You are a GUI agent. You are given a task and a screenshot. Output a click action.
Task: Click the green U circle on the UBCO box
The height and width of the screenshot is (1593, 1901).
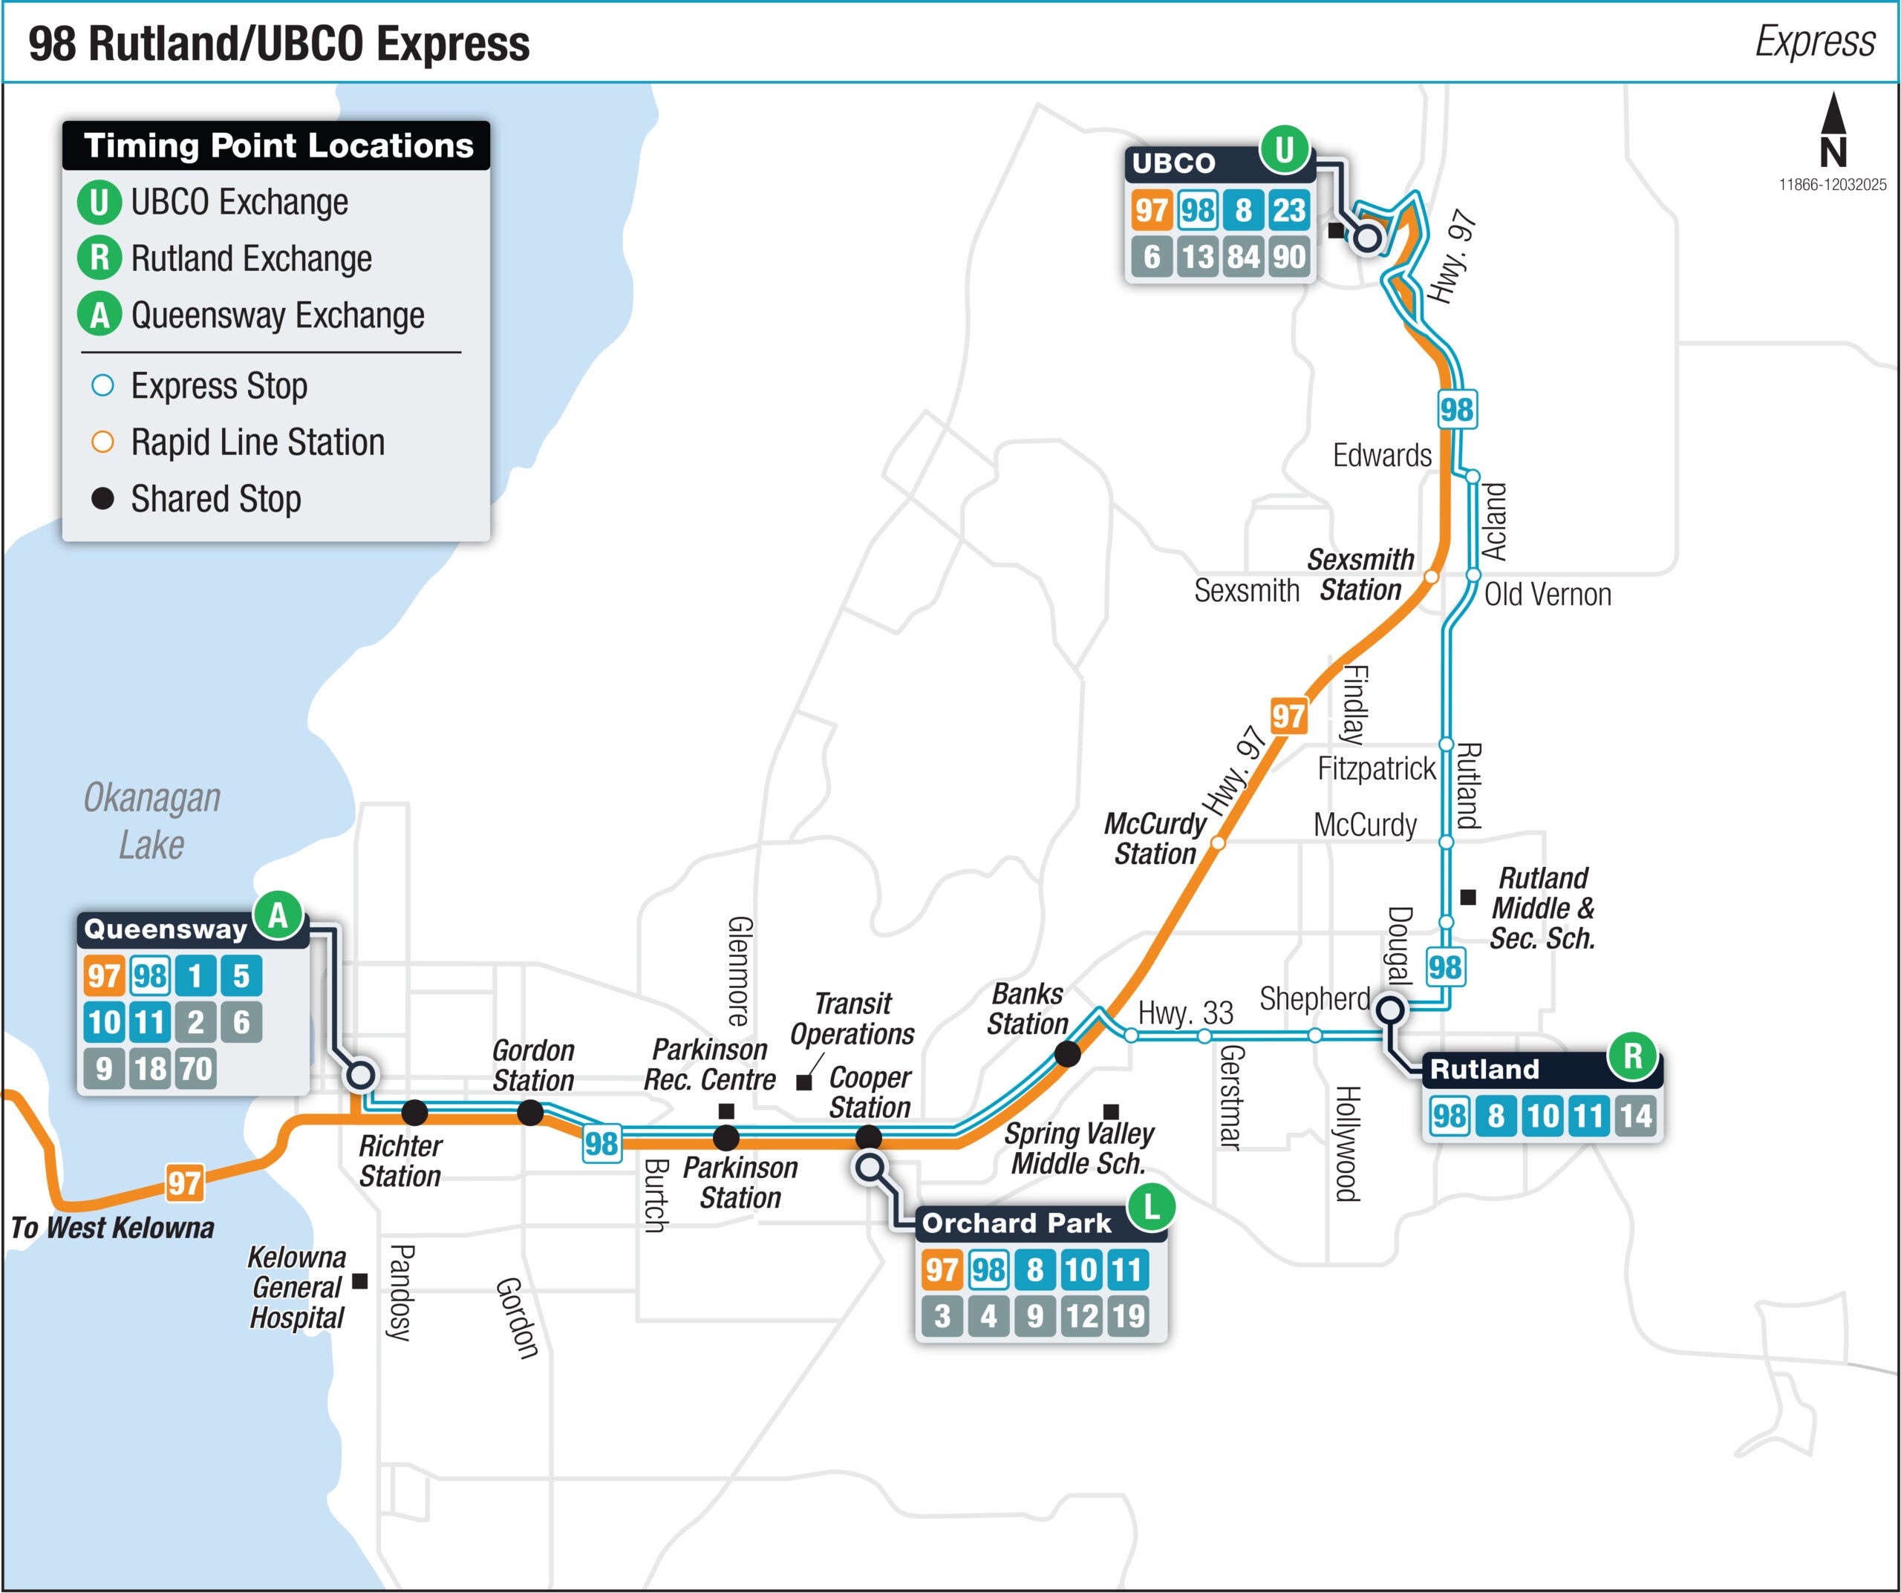click(x=1284, y=150)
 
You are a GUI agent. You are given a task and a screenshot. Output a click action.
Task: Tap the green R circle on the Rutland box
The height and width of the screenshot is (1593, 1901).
click(x=1632, y=1056)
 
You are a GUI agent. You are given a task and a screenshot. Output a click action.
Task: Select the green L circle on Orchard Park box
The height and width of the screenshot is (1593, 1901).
click(x=1150, y=1206)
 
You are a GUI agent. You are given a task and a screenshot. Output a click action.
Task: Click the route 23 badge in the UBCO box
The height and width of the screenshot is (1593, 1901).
click(x=1289, y=210)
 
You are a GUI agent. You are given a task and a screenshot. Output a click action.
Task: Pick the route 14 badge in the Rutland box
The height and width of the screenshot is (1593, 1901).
click(x=1636, y=1116)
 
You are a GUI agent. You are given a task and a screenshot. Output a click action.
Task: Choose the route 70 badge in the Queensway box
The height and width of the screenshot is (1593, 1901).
click(x=195, y=1069)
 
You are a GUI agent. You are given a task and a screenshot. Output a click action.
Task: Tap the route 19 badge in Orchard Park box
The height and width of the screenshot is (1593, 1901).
click(x=1128, y=1316)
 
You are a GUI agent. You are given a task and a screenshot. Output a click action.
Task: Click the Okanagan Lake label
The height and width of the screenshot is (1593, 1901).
click(x=152, y=821)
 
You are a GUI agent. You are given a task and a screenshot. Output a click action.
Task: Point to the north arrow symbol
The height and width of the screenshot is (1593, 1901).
click(x=1833, y=131)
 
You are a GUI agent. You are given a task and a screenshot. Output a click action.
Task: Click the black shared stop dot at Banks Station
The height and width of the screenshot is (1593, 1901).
click(x=1067, y=1053)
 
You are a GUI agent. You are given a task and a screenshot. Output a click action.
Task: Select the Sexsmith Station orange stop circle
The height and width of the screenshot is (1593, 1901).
click(x=1431, y=577)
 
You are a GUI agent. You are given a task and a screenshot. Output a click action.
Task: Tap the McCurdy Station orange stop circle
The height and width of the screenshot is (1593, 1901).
click(x=1218, y=843)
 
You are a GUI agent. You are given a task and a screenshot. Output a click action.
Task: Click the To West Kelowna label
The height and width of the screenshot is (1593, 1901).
click(x=112, y=1229)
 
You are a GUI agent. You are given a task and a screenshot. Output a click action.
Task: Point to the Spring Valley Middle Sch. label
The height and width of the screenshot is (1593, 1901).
click(x=1078, y=1148)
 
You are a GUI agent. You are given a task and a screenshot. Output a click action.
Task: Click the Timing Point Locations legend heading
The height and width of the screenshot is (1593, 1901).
click(x=277, y=145)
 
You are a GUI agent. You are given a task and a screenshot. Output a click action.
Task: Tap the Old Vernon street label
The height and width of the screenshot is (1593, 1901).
click(x=1547, y=595)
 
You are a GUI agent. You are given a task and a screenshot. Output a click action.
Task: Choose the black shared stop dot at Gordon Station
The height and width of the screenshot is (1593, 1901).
click(x=530, y=1113)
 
